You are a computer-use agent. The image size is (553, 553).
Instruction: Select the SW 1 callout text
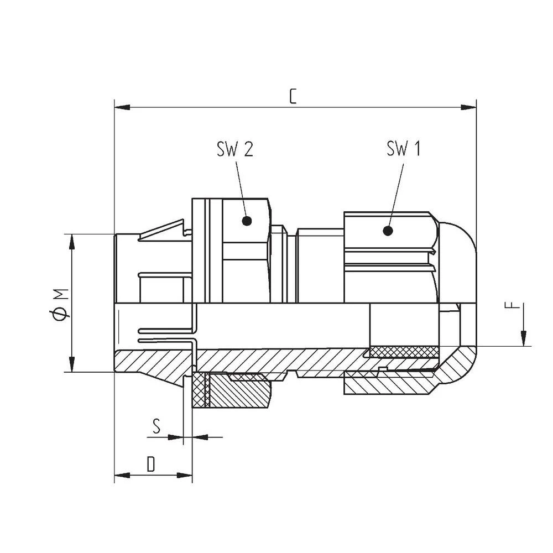tap(403, 149)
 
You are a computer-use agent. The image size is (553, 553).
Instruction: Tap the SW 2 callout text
tap(235, 149)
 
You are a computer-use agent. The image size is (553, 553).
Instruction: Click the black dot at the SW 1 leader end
tap(388, 230)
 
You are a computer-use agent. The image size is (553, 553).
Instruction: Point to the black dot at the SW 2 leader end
tap(247, 221)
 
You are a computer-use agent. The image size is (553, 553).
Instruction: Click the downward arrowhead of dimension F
tap(524, 338)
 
